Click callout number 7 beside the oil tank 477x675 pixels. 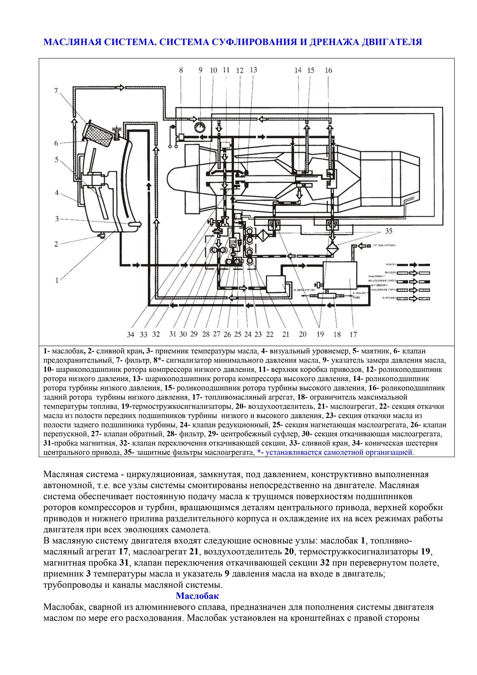coord(56,91)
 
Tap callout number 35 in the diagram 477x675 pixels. coord(388,231)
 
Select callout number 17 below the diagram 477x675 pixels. coord(353,334)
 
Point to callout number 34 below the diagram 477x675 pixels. coord(130,334)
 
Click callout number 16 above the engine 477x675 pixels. coord(328,70)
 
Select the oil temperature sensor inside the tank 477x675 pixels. coord(135,224)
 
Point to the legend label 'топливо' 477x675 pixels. coord(389,298)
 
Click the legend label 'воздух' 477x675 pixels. coord(390,272)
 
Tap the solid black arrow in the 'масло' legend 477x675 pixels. coord(413,264)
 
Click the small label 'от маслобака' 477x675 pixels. coord(384,245)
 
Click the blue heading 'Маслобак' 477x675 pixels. coord(197,596)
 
